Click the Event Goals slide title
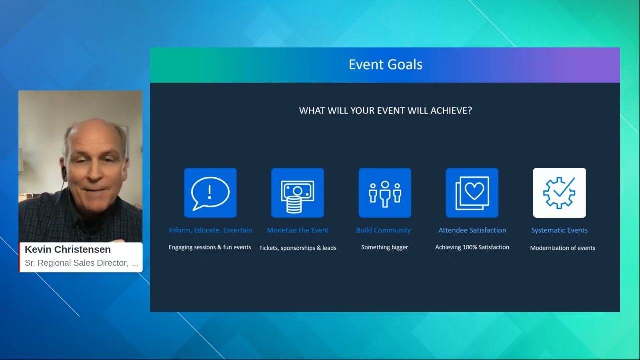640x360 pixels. click(x=385, y=65)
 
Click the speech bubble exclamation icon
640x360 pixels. click(x=210, y=193)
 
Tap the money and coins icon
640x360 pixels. click(x=297, y=193)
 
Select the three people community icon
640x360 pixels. click(x=385, y=193)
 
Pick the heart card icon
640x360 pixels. click(x=472, y=193)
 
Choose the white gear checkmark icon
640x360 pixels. click(x=559, y=193)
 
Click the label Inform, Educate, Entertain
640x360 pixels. click(x=210, y=230)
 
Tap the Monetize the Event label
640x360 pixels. click(x=298, y=230)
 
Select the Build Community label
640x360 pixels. click(x=383, y=230)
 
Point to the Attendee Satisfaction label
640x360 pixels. click(x=472, y=230)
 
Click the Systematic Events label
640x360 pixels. click(x=559, y=230)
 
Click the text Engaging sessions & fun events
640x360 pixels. click(x=210, y=247)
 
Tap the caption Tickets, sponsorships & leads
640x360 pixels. click(x=298, y=248)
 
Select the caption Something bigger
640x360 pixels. click(x=385, y=247)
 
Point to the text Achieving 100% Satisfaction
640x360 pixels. click(x=472, y=247)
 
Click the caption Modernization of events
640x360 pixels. click(x=562, y=248)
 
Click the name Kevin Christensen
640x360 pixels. click(x=68, y=249)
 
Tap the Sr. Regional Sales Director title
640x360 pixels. click(x=82, y=263)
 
